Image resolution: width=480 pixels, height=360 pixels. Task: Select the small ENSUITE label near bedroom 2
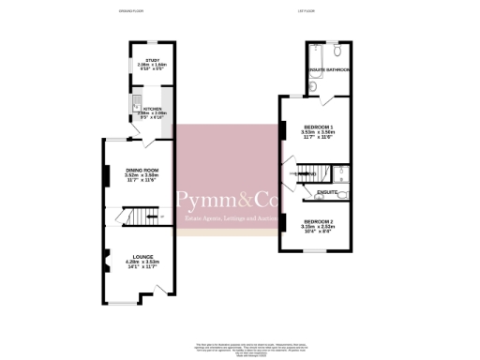[x=326, y=192]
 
